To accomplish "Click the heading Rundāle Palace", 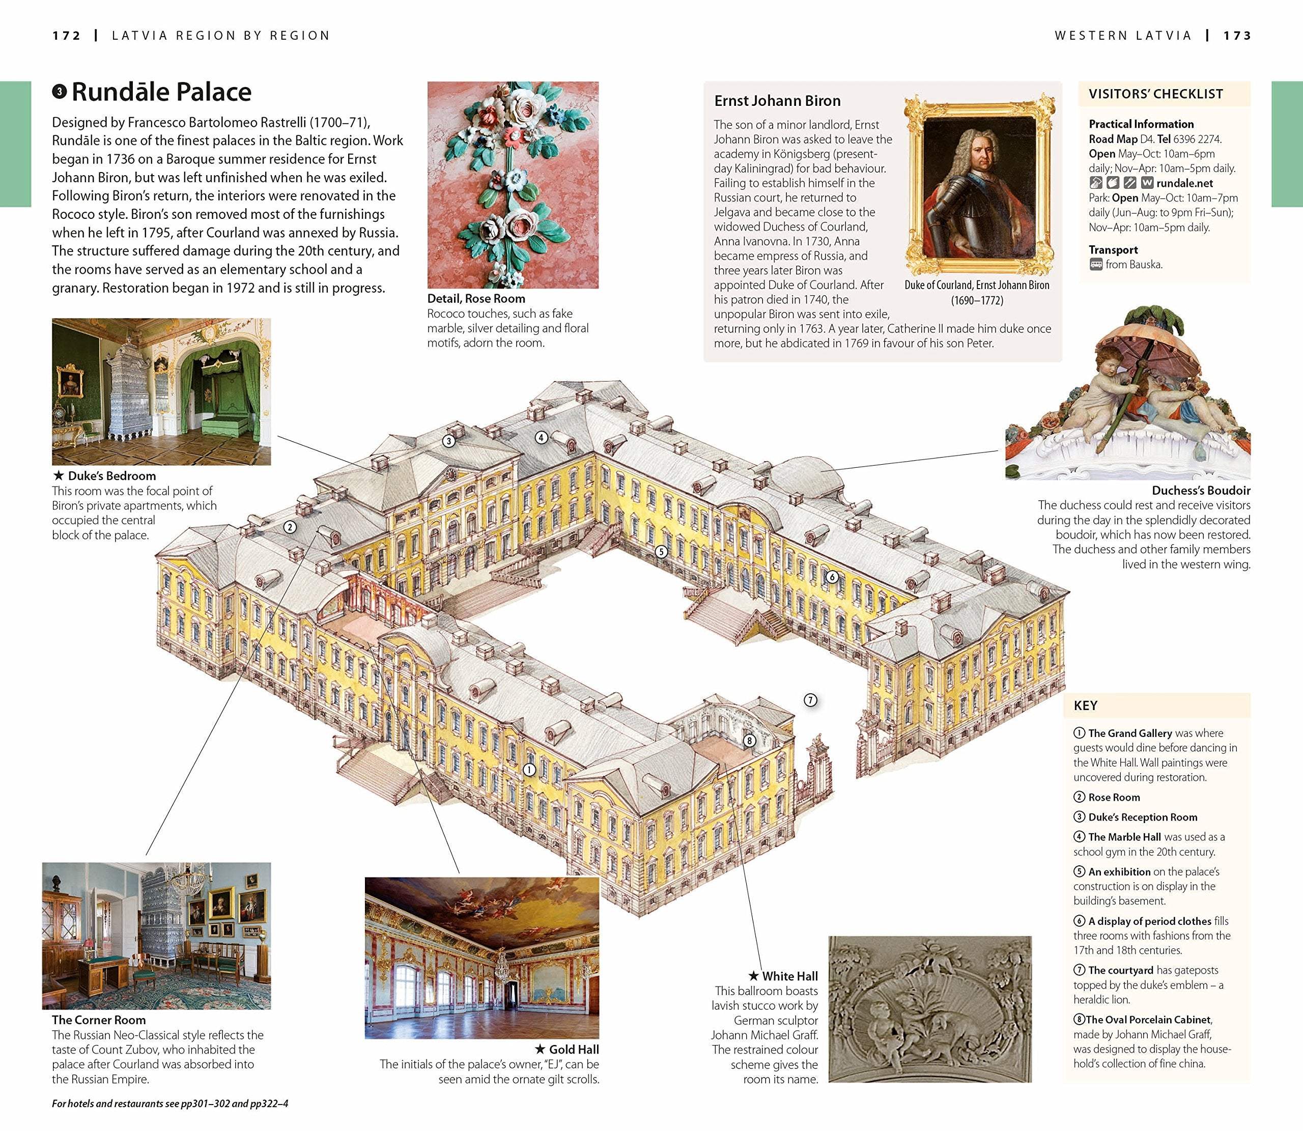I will point(161,92).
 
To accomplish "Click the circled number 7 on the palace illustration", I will point(810,700).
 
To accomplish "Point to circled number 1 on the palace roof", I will point(529,770).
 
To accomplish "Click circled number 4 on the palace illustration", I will point(541,437).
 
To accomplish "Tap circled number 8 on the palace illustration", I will point(749,740).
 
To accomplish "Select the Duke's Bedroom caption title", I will point(111,476).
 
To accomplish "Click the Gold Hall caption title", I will point(574,1050).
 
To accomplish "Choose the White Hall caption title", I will point(789,976).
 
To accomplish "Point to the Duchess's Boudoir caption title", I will point(1201,490).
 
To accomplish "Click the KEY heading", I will point(1085,705).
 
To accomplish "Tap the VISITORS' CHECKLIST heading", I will point(1155,94).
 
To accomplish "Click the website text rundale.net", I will point(1184,183).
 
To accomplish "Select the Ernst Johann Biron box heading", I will point(777,101).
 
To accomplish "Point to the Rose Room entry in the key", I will point(1114,797).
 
